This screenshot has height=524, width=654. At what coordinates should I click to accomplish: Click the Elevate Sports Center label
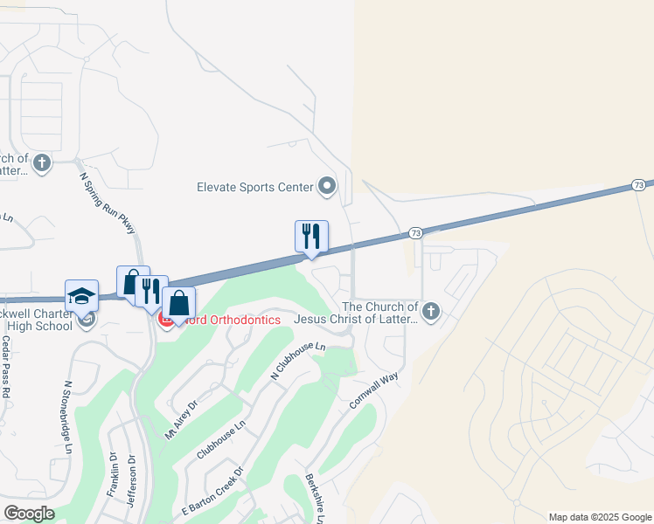254,187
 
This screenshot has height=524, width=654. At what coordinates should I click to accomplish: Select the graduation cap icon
81,295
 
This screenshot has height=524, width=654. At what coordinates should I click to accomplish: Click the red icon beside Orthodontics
164,320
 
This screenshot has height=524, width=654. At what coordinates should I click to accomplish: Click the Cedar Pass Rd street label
5,368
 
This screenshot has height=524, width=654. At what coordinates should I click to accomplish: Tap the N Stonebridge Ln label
68,417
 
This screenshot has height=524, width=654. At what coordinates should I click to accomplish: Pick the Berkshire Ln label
314,499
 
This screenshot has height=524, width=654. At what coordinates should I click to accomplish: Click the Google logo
29,514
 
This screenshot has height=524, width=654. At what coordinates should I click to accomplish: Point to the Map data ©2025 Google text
600,517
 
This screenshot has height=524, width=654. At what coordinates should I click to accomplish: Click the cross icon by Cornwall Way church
430,310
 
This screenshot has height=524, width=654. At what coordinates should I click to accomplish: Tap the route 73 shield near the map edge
638,185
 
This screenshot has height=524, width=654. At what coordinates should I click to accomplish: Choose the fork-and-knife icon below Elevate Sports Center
311,236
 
